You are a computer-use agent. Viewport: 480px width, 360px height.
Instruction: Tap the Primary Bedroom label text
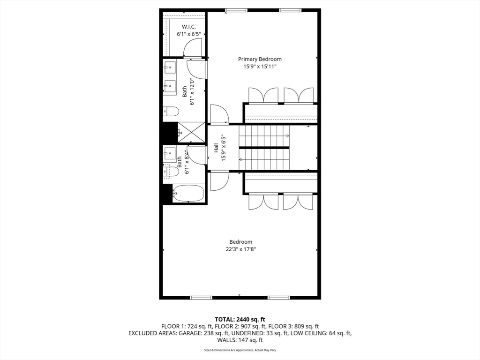(260, 59)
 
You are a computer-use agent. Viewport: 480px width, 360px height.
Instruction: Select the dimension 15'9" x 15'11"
(260, 67)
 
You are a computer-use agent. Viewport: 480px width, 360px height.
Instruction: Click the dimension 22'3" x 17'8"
(240, 249)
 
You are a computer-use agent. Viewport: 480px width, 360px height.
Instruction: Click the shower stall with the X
(191, 132)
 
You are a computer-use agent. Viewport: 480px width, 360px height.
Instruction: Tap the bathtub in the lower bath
(188, 193)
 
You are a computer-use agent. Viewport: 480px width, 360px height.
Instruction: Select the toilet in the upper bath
(172, 112)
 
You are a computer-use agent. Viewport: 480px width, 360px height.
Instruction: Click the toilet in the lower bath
(172, 172)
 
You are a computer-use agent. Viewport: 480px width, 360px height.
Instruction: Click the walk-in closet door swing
(192, 47)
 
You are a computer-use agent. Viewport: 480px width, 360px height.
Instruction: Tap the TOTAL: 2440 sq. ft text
(240, 319)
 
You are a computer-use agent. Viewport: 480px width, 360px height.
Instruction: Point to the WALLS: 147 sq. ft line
(240, 340)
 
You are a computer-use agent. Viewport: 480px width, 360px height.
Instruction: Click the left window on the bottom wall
(201, 298)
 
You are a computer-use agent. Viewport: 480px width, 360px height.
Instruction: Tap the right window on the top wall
(291, 10)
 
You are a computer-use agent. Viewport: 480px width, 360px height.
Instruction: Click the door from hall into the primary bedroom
(219, 114)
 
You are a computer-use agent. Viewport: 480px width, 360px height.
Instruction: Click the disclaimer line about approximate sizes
(240, 350)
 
